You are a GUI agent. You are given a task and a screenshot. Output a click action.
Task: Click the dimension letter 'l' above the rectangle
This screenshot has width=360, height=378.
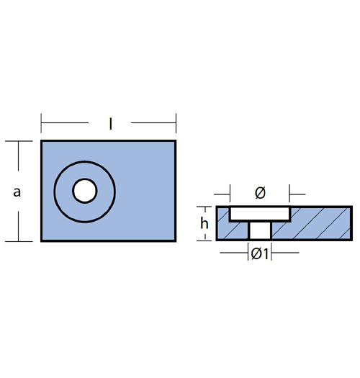(x=110, y=124)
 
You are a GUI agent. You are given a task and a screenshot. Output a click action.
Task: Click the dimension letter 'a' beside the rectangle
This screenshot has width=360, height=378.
(x=17, y=192)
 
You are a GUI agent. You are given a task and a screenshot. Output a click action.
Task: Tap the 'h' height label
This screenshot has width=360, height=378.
(x=204, y=222)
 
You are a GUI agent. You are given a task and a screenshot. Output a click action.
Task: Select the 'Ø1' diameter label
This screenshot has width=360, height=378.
(x=260, y=253)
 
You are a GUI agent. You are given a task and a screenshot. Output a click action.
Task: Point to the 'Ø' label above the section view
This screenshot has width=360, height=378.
(x=260, y=193)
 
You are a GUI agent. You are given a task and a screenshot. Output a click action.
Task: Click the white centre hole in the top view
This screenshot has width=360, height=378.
(x=85, y=191)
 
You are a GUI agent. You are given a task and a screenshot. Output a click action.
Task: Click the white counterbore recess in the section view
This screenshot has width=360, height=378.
(x=260, y=214)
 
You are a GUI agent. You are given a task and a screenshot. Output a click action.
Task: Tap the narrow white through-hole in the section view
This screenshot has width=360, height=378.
(x=260, y=230)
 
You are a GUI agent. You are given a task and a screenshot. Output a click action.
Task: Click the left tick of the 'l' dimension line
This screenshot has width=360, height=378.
(x=41, y=123)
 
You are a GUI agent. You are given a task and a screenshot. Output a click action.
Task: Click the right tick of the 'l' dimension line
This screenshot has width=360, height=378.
(x=176, y=123)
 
